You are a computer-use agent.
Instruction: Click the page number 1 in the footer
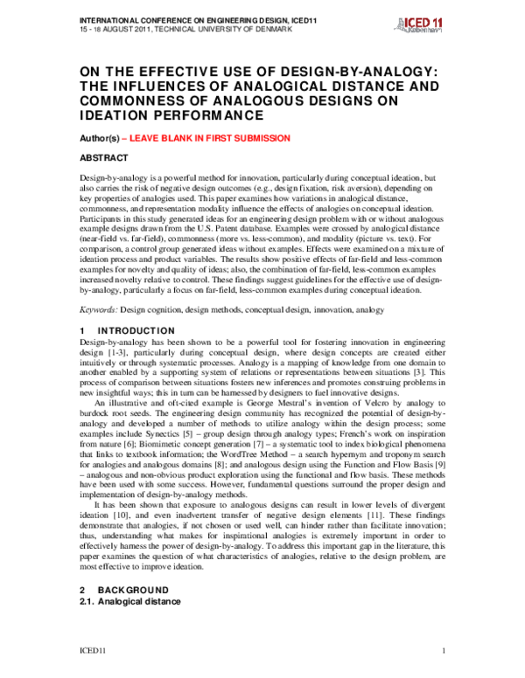click(444, 651)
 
